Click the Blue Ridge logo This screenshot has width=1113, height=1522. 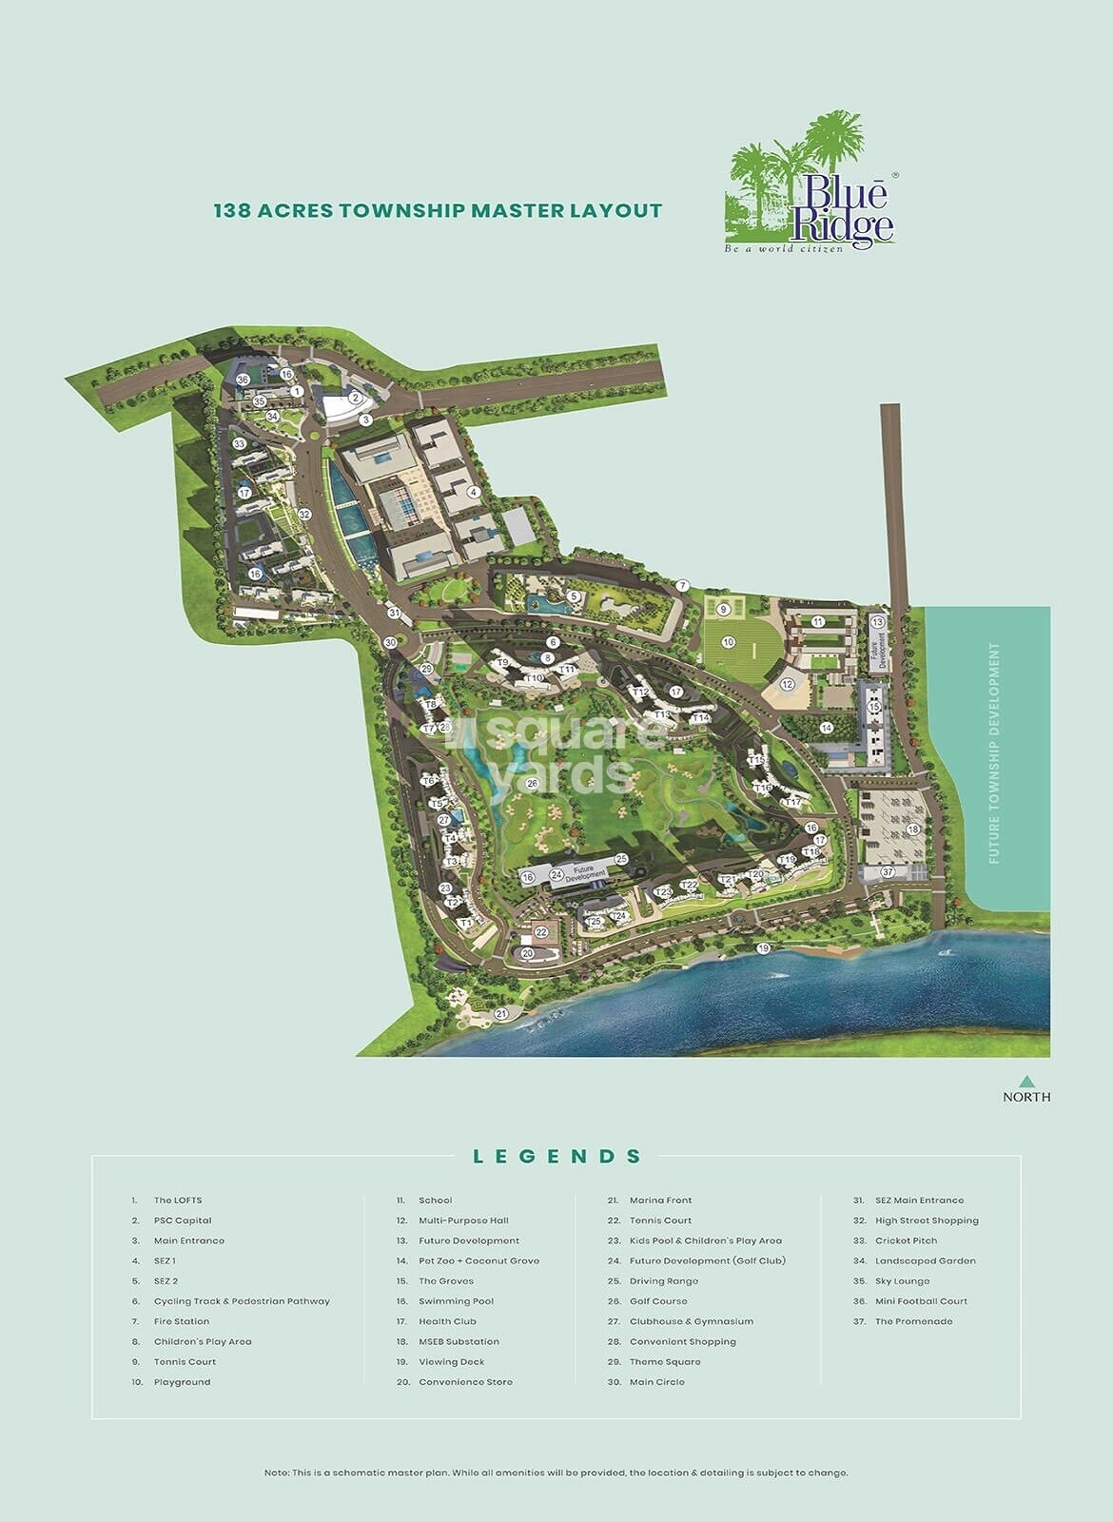click(811, 185)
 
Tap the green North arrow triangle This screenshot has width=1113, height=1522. click(1026, 1081)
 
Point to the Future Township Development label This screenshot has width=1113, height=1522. click(995, 752)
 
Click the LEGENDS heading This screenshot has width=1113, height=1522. click(556, 1157)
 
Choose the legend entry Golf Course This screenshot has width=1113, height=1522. click(658, 1301)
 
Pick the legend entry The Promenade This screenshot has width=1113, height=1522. click(913, 1321)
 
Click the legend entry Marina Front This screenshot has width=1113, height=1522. click(660, 1200)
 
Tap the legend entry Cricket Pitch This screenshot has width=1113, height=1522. click(906, 1240)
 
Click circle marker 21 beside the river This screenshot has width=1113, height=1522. click(501, 1014)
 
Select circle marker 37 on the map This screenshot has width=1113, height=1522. click(888, 871)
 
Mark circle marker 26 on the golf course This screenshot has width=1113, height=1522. click(532, 784)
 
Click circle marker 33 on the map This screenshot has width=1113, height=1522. click(240, 444)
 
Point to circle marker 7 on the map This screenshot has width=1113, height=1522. click(682, 586)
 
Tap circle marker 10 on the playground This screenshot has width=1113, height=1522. click(728, 642)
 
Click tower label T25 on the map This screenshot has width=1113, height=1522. click(595, 921)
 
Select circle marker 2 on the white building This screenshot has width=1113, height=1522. click(355, 399)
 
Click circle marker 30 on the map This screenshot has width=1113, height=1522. click(390, 643)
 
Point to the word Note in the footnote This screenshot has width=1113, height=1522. click(276, 1473)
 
